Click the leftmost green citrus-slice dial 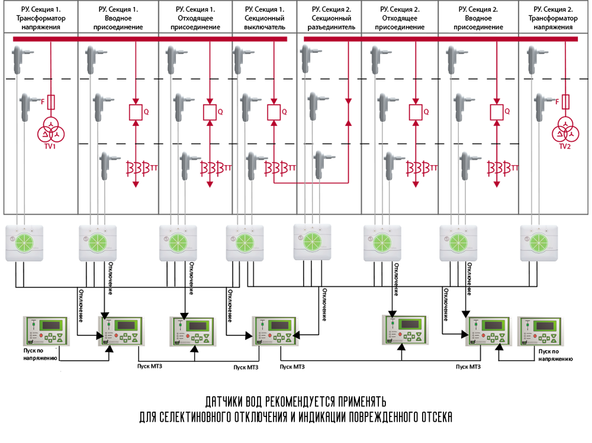click(25, 242)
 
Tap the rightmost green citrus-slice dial click(539, 242)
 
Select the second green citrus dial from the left click(99, 242)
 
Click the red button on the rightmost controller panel click(530, 335)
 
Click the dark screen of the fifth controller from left click(408, 325)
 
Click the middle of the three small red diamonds click(308, 183)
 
